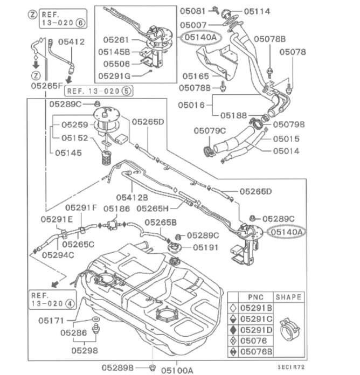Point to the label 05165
[195, 76]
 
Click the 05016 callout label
[192, 105]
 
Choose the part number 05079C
[210, 130]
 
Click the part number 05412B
[132, 197]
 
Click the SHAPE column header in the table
[288, 297]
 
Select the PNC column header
[255, 297]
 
